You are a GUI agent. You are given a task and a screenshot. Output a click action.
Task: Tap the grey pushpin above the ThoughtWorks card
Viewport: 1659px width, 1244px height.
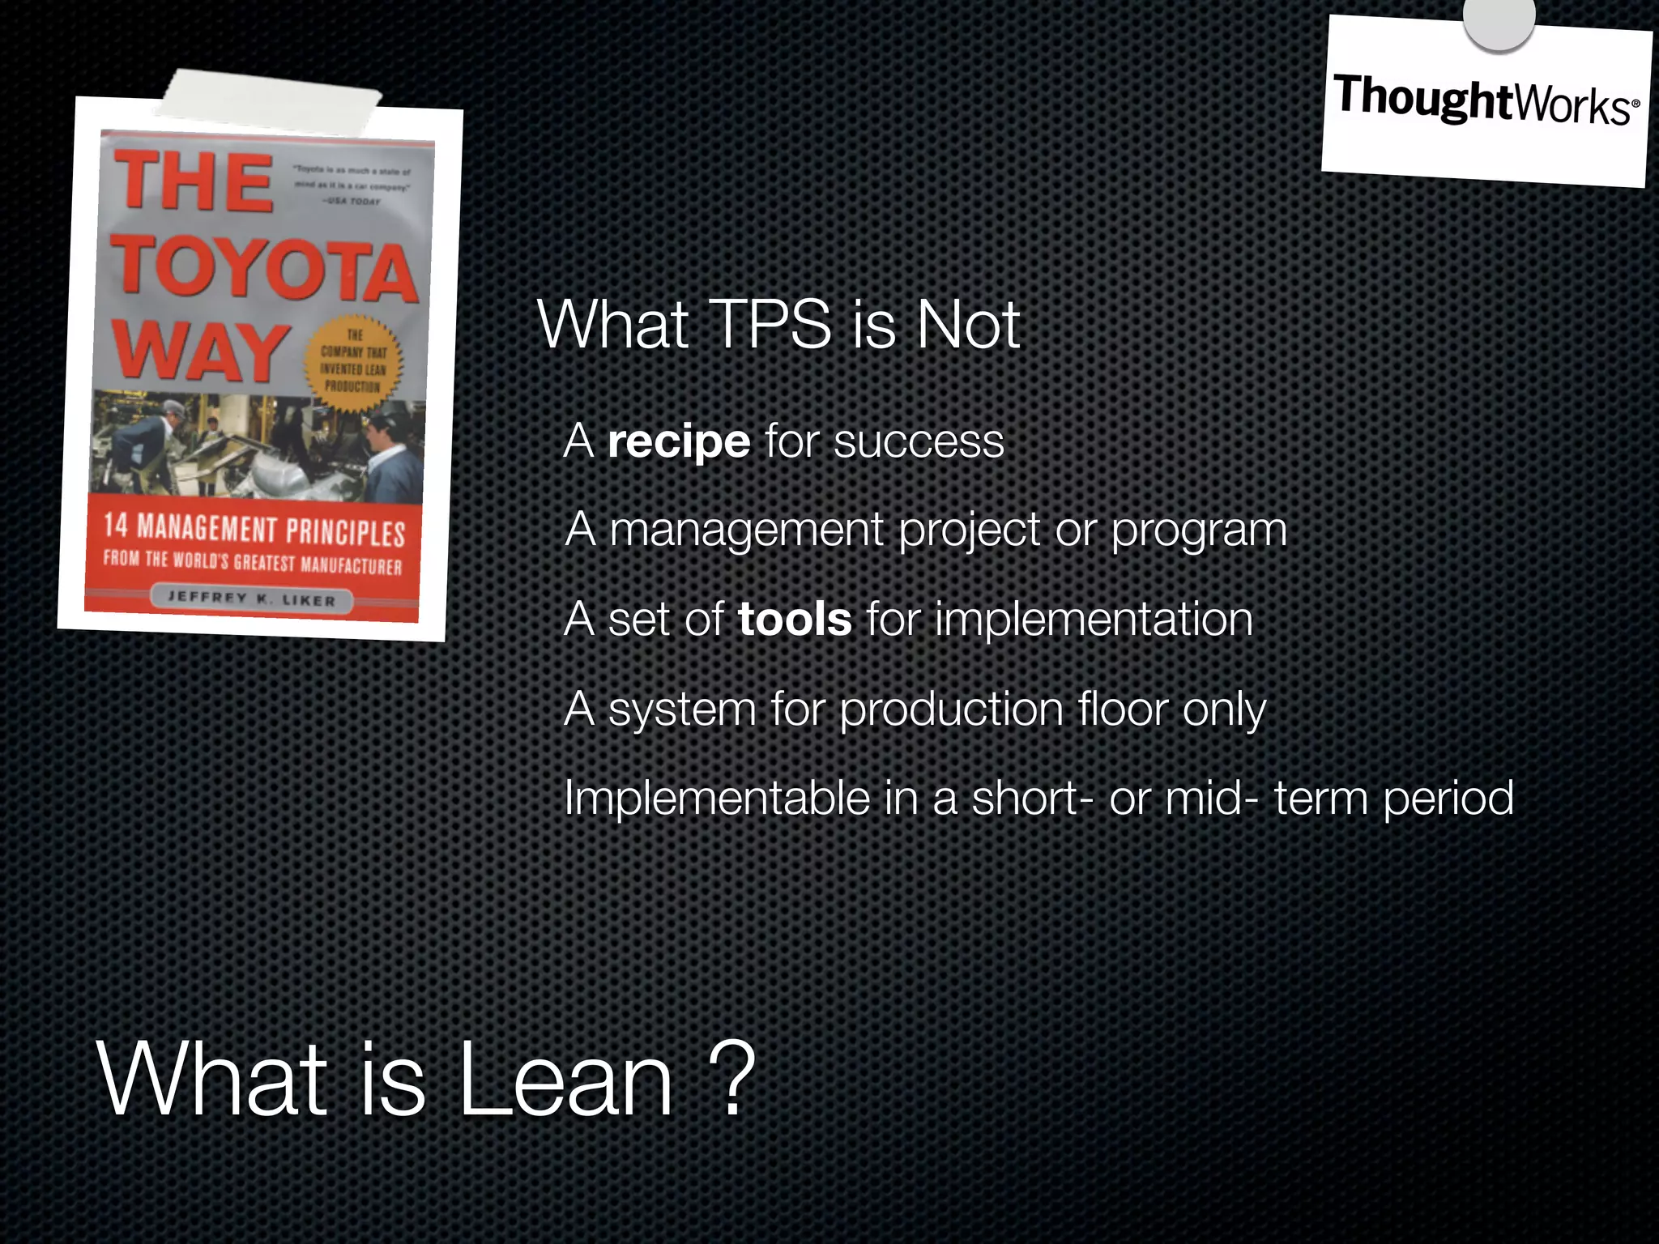pyautogui.click(x=1499, y=20)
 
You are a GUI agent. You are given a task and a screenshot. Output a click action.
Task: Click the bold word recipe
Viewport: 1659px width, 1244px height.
pyautogui.click(x=679, y=442)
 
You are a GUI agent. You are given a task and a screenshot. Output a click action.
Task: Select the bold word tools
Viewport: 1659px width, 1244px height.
pyautogui.click(x=794, y=620)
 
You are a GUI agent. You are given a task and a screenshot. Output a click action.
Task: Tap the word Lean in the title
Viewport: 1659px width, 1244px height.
pyautogui.click(x=565, y=1080)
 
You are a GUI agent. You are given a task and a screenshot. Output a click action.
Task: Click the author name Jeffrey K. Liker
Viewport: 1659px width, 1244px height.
pyautogui.click(x=251, y=599)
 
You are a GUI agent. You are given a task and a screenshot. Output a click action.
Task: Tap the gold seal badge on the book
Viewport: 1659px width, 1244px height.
pyautogui.click(x=352, y=361)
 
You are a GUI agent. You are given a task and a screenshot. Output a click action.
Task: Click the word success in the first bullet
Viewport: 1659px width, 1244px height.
pyautogui.click(x=919, y=442)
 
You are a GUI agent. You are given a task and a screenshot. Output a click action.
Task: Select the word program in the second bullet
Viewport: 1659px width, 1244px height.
pyautogui.click(x=1198, y=531)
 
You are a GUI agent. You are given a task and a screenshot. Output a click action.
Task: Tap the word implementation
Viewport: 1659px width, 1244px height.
pyautogui.click(x=1094, y=620)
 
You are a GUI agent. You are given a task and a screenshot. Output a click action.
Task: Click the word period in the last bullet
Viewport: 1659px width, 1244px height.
pyautogui.click(x=1448, y=799)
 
